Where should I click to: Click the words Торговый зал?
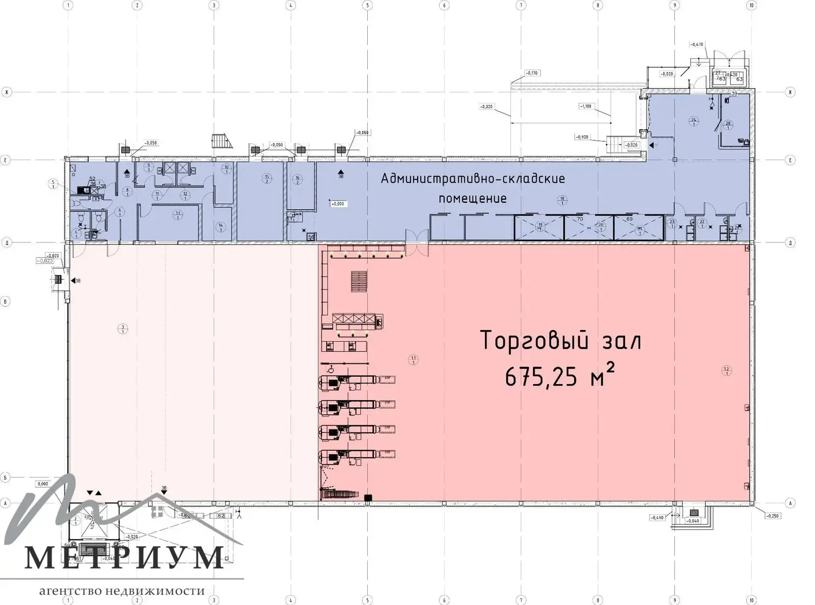[x=561, y=341]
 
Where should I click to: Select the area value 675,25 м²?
[x=560, y=377]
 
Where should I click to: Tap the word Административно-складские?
[x=473, y=179]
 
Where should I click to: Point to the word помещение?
[x=473, y=198]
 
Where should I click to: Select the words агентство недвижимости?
[x=122, y=591]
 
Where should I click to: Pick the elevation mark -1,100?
[x=586, y=106]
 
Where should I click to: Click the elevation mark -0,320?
[x=486, y=106]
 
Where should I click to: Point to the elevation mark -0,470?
[x=696, y=45]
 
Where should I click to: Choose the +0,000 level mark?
[x=337, y=204]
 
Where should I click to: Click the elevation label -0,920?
[x=582, y=137]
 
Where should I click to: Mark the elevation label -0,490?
[x=657, y=518]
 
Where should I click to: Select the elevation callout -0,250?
[x=772, y=516]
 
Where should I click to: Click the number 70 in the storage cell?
[x=580, y=219]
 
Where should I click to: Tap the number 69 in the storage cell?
[x=629, y=219]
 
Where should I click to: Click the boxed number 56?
[x=311, y=237]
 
